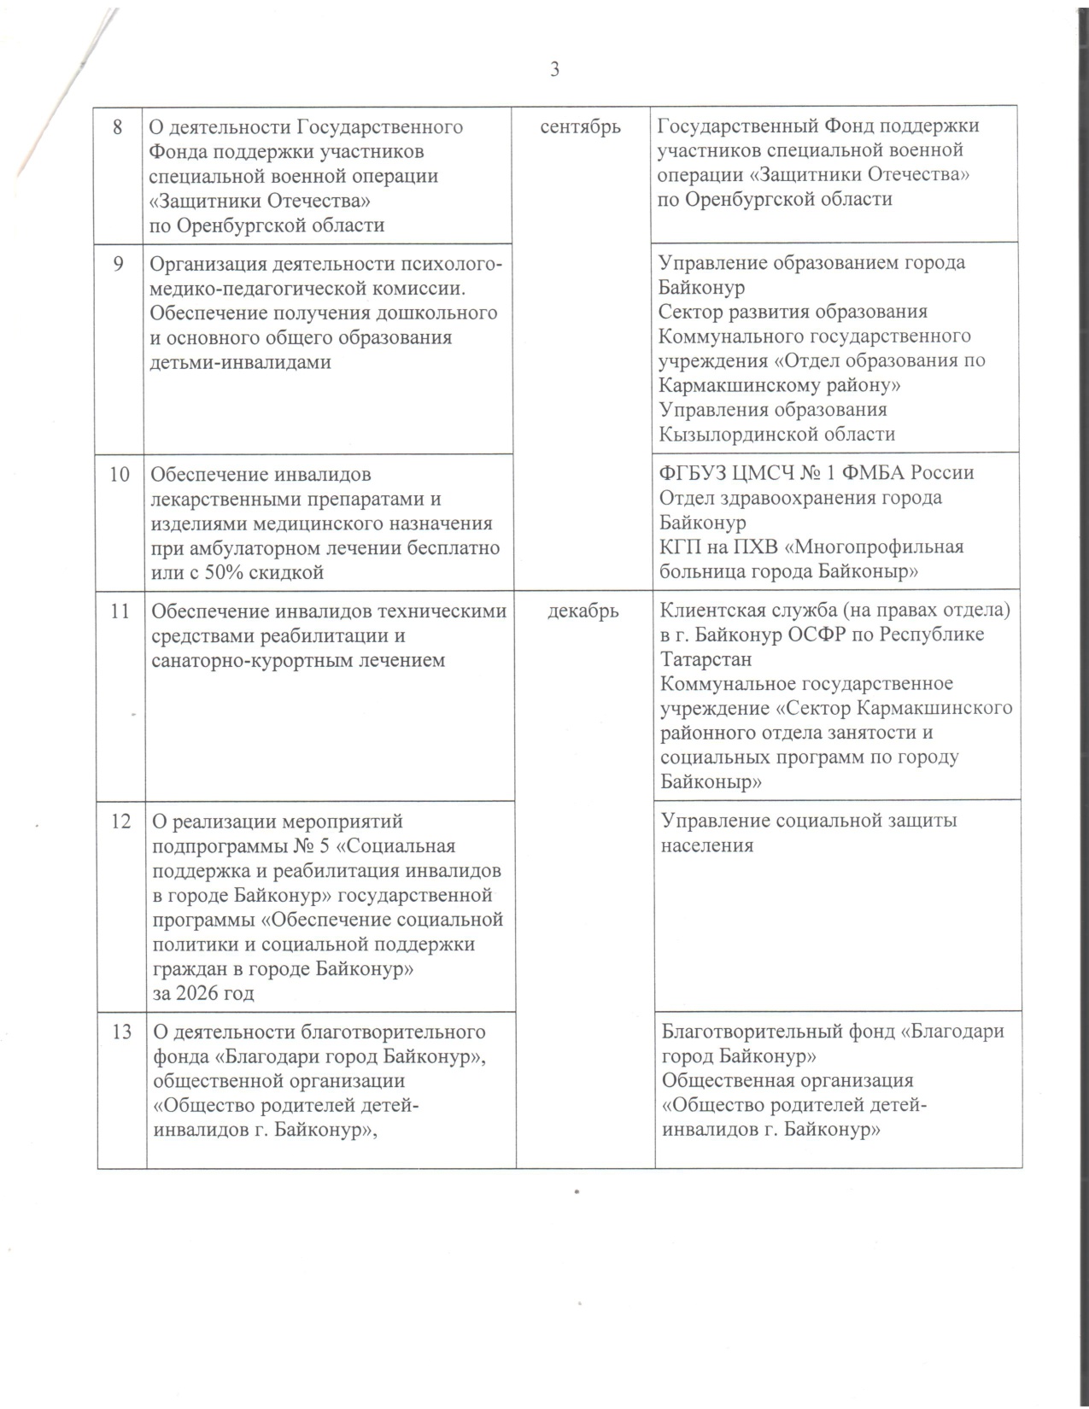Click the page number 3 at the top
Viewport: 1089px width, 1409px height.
[555, 70]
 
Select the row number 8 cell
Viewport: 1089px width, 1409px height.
[119, 127]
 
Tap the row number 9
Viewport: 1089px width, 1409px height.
[119, 263]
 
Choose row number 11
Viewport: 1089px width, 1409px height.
[120, 611]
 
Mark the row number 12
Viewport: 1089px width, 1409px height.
[120, 821]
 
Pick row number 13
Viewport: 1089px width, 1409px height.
[120, 1032]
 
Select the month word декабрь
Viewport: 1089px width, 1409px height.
[583, 611]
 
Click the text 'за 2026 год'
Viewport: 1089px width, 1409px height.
[202, 994]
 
